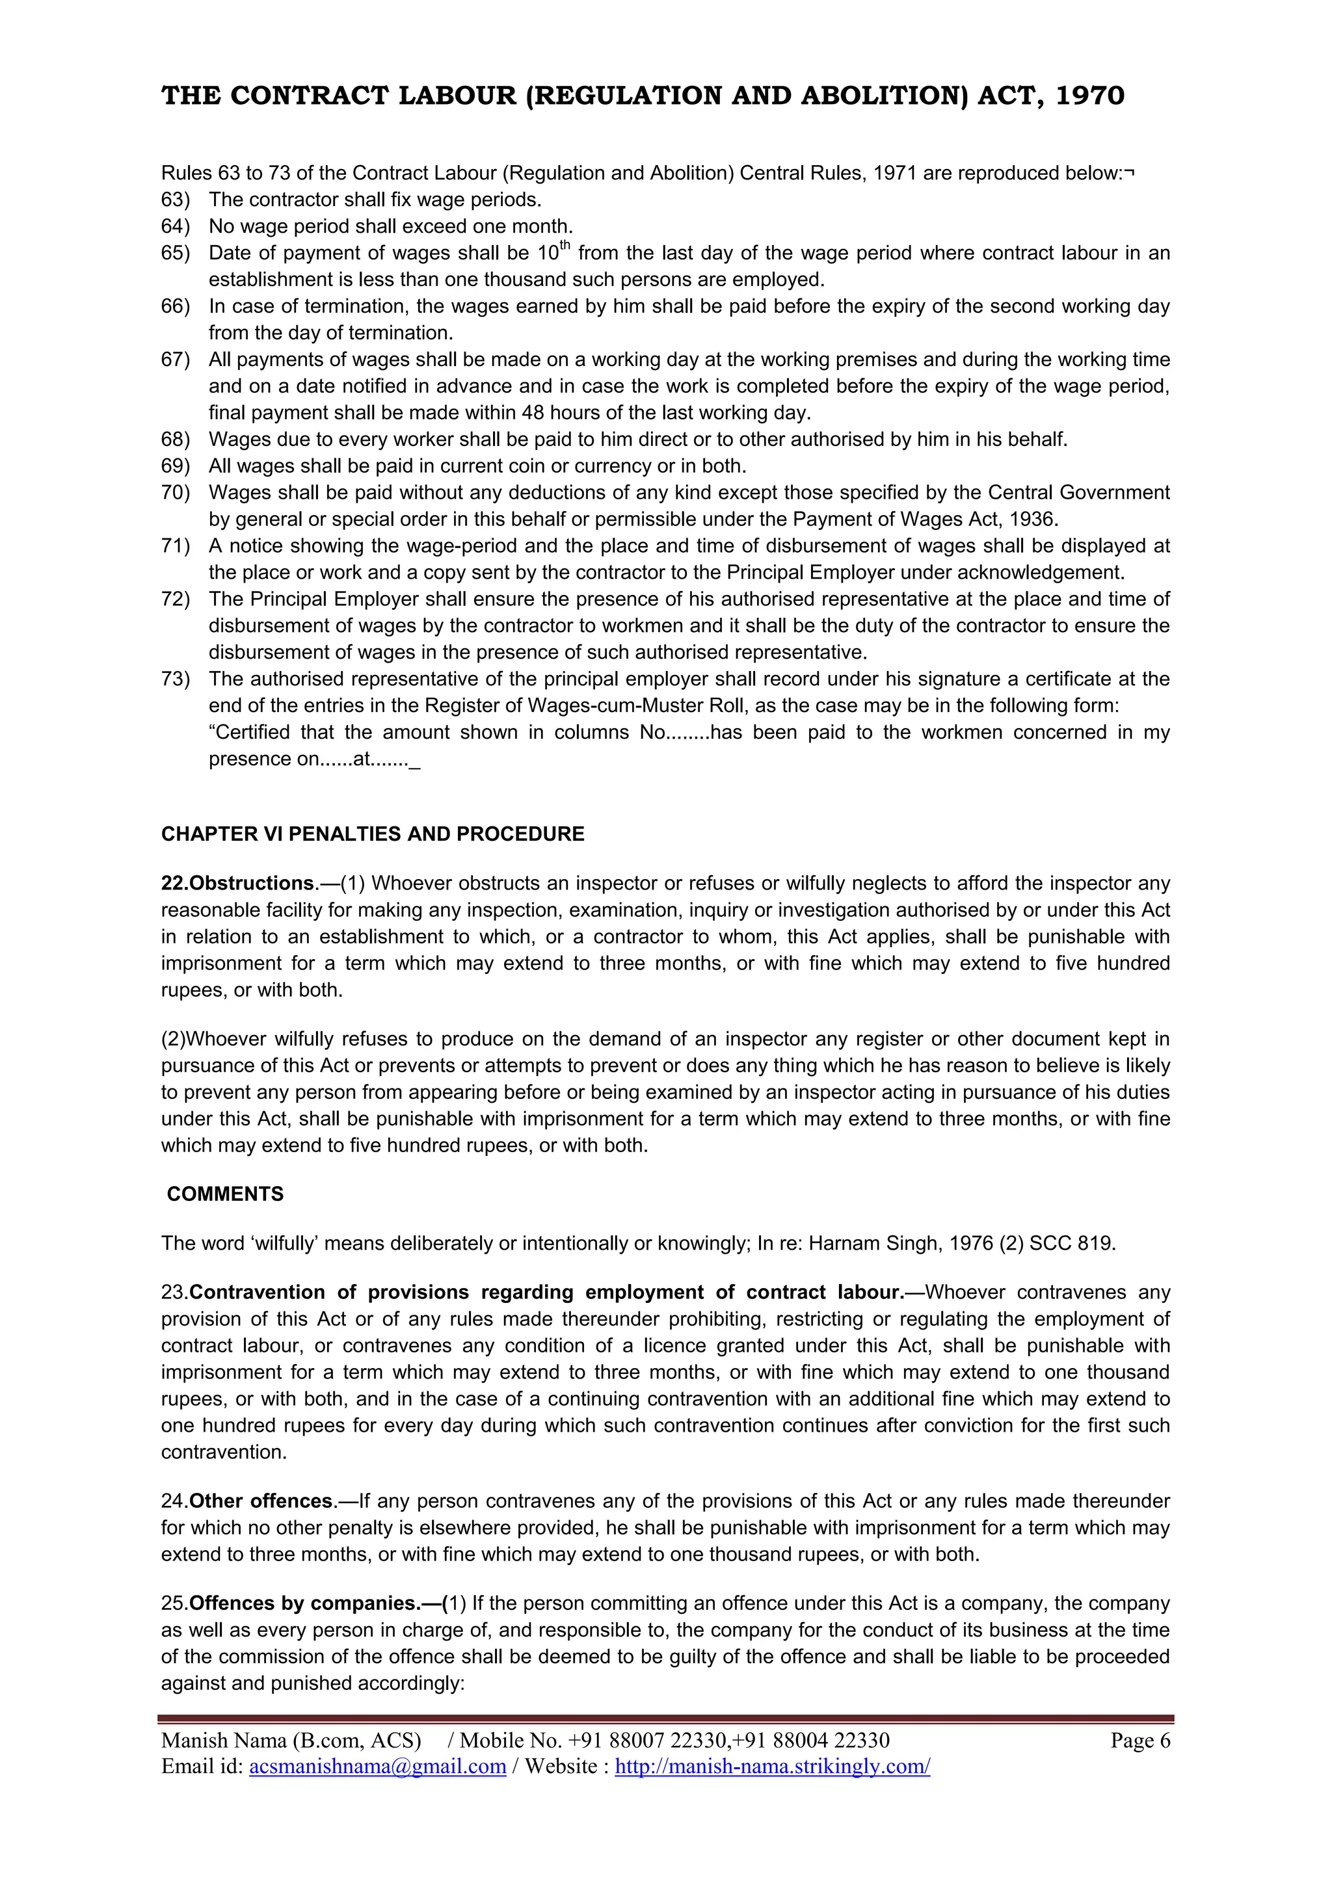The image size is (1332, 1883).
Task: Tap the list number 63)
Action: [175, 200]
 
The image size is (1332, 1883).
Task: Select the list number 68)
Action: [175, 440]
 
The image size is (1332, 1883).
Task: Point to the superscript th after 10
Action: [565, 246]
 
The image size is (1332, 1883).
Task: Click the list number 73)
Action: [175, 679]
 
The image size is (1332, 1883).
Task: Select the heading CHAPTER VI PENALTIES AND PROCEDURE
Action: [373, 834]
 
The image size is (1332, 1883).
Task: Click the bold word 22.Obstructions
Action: [238, 883]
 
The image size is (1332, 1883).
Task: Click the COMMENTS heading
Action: [225, 1194]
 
